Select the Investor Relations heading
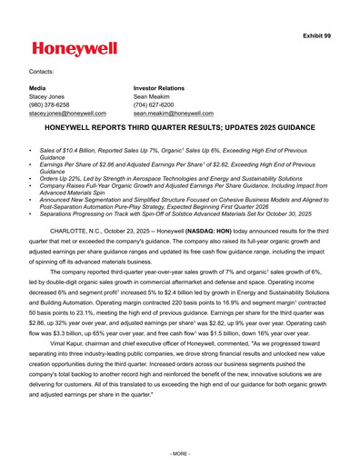pyautogui.click(x=159, y=88)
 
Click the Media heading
pyautogui.click(x=39, y=88)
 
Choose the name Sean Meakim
pyautogui.click(x=154, y=96)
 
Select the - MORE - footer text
pyautogui.click(x=180, y=451)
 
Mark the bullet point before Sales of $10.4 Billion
pyautogui.click(x=31, y=146)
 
